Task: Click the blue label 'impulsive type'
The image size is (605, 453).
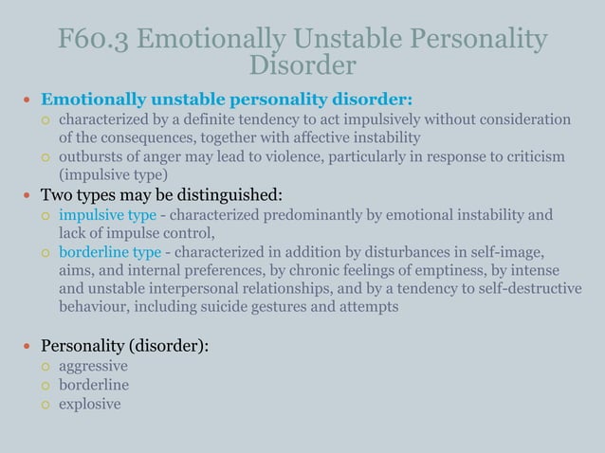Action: [107, 215]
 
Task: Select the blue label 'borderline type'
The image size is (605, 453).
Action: [111, 252]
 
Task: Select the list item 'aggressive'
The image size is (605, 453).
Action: [93, 366]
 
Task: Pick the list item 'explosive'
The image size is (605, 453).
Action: [89, 404]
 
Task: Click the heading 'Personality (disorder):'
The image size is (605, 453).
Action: [124, 346]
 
